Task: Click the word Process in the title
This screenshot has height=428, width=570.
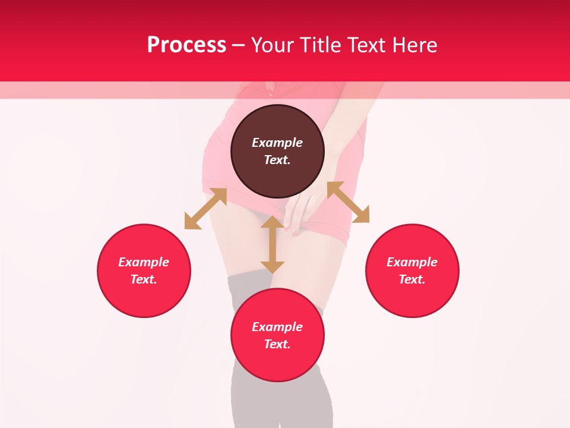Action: coord(186,45)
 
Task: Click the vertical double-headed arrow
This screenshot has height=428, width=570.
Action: coord(273,244)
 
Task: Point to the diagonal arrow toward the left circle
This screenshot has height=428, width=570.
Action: coord(205,209)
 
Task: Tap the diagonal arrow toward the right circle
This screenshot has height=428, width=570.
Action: coord(348,202)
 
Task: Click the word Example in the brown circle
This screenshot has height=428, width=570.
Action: coord(277,143)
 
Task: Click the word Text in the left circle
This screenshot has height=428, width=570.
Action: coord(144,279)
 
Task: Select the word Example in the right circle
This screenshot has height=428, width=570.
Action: coord(412,262)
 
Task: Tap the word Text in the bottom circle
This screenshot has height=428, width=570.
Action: coord(277,344)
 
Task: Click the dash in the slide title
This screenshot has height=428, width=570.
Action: coord(238,45)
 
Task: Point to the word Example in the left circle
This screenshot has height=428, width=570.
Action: coord(144,262)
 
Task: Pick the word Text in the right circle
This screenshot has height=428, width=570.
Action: coord(412,279)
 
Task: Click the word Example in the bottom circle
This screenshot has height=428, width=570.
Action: coord(277,327)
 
